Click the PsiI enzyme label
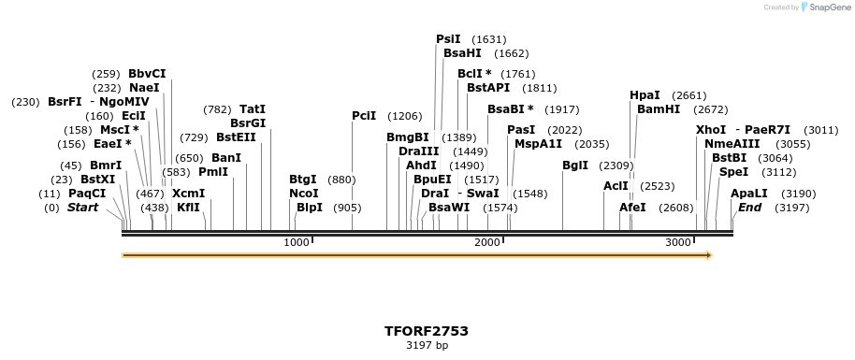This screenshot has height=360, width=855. (x=448, y=39)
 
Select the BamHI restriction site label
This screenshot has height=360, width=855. (x=658, y=109)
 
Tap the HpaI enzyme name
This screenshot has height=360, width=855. (x=645, y=95)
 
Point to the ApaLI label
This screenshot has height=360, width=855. (x=749, y=194)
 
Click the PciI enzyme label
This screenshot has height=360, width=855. (x=364, y=116)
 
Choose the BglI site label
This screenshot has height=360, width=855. (x=575, y=166)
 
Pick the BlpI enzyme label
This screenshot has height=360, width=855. (x=309, y=207)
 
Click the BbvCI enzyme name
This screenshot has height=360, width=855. (x=147, y=74)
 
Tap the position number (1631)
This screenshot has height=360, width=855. (x=489, y=39)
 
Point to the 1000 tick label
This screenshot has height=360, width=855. (x=296, y=243)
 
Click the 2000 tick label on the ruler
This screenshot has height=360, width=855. (x=486, y=243)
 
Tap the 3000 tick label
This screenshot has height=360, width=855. (x=677, y=243)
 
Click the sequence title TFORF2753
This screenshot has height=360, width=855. (x=427, y=331)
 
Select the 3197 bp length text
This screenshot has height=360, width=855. (x=427, y=346)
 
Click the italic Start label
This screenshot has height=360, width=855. (x=83, y=207)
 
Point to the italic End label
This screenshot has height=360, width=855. (x=749, y=207)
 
